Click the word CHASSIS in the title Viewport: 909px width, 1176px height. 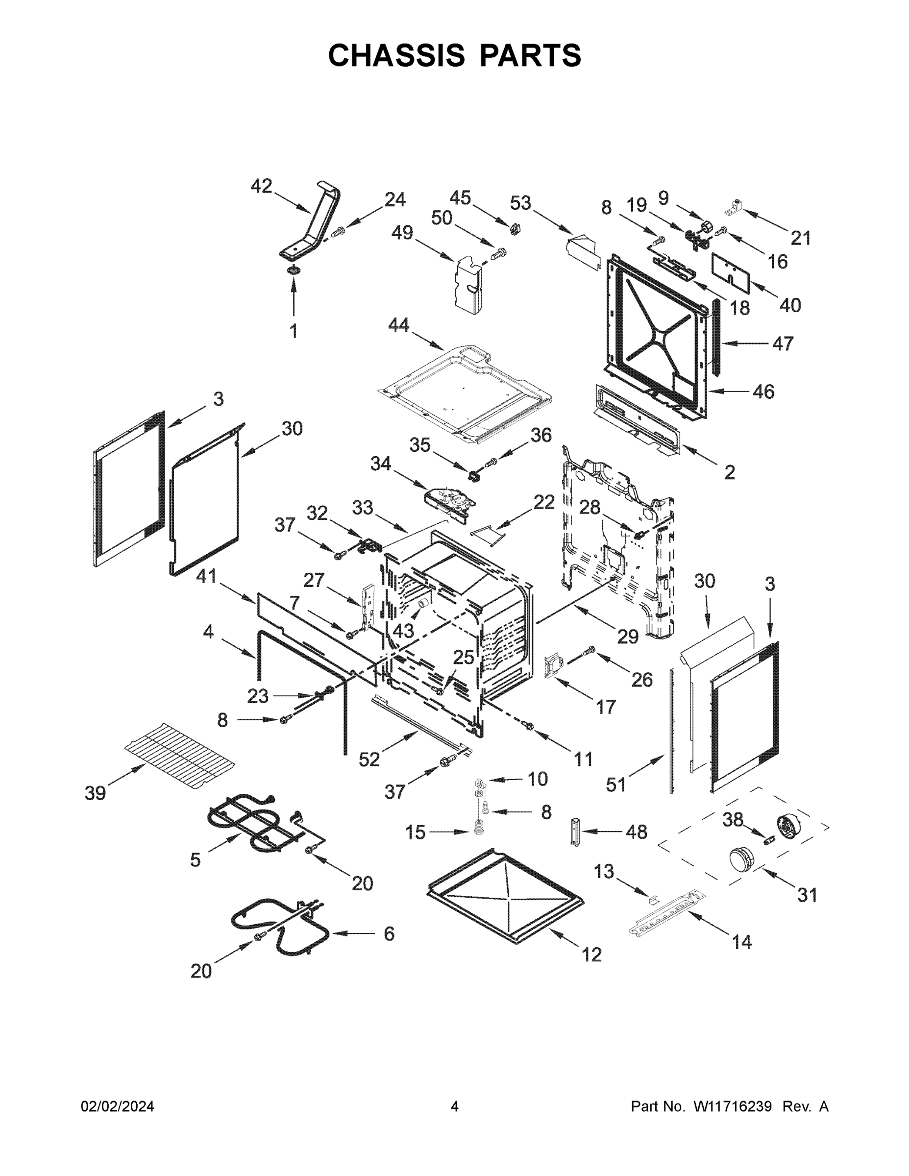click(397, 55)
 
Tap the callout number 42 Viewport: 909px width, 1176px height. click(261, 186)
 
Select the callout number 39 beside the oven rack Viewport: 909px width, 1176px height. click(96, 793)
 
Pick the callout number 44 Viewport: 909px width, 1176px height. click(398, 325)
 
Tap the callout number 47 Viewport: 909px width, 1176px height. click(783, 343)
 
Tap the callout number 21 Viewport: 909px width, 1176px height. click(800, 238)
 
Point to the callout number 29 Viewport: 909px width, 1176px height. click(628, 637)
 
